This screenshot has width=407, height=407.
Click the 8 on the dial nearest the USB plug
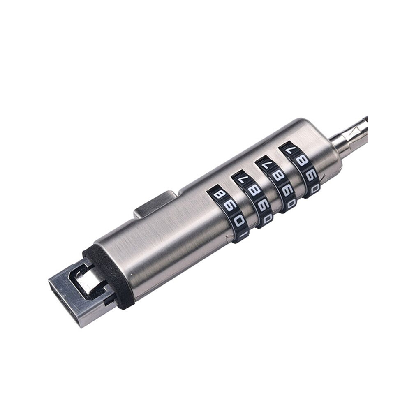point(218,194)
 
